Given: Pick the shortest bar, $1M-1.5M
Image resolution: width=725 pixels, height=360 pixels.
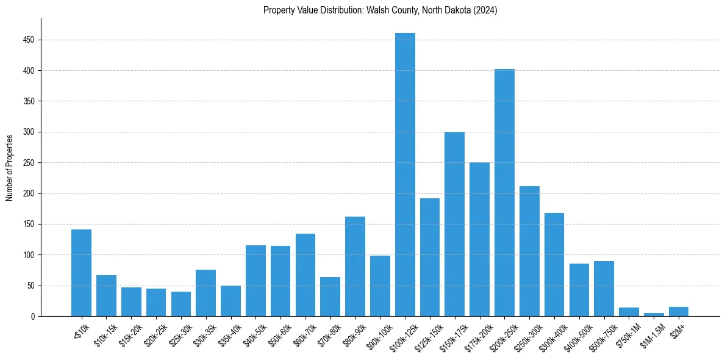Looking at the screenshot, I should tap(654, 314).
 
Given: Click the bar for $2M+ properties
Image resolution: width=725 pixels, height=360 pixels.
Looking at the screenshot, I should tap(679, 312).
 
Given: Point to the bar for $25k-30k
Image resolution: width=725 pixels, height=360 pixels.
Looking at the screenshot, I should tap(180, 304).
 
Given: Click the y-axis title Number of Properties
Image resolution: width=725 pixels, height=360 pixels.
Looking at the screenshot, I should tap(10, 167).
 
